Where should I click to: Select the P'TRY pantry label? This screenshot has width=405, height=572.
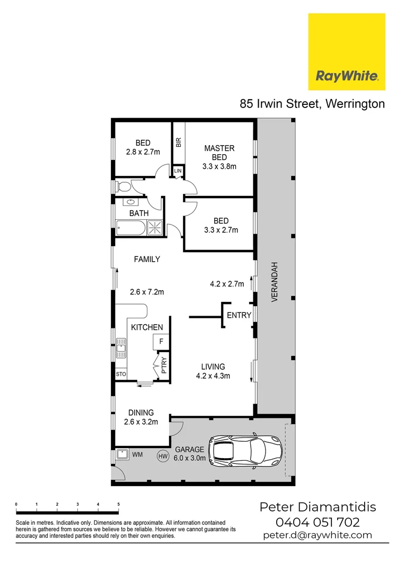pyautogui.click(x=164, y=366)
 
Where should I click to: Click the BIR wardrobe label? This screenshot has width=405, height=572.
pyautogui.click(x=178, y=142)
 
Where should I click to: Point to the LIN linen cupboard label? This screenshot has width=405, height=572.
pyautogui.click(x=178, y=171)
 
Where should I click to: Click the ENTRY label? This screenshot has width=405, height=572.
pyautogui.click(x=239, y=315)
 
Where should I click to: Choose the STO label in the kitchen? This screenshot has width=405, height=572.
pyautogui.click(x=121, y=374)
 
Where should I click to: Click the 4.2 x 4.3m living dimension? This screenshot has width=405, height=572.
pyautogui.click(x=213, y=377)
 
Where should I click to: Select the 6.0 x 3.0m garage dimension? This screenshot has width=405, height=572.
pyautogui.click(x=189, y=458)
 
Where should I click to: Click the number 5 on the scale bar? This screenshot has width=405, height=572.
pyautogui.click(x=118, y=504)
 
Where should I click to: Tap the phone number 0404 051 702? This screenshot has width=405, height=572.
pyautogui.click(x=317, y=522)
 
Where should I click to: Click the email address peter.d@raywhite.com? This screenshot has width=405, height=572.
pyautogui.click(x=317, y=535)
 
